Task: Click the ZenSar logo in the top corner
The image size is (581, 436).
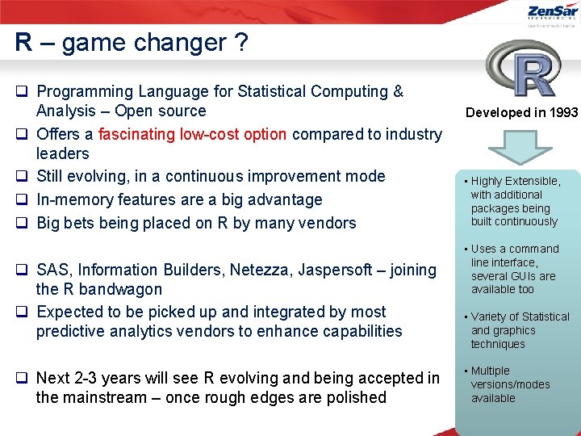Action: pyautogui.click(x=551, y=14)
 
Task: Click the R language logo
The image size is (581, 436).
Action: pyautogui.click(x=523, y=69)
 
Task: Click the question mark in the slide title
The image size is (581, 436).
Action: pyautogui.click(x=241, y=43)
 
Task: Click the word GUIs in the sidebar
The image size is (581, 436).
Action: pyautogui.click(x=524, y=276)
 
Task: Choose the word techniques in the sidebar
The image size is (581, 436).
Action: pyautogui.click(x=498, y=344)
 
